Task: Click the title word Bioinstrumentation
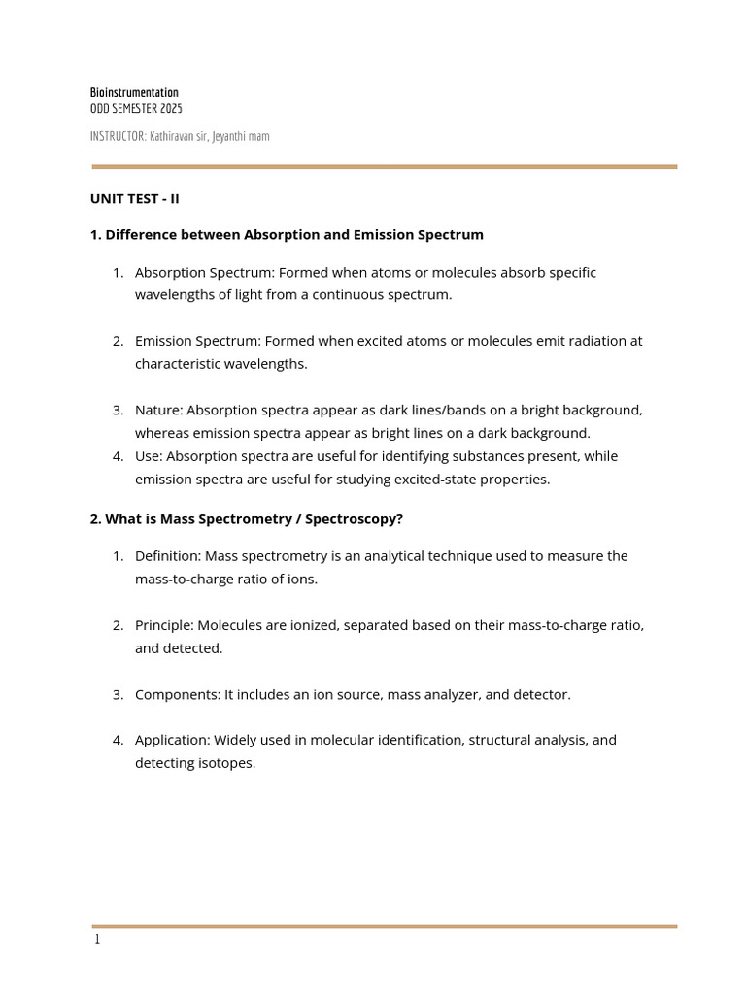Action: tap(134, 93)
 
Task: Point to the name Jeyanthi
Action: tap(229, 136)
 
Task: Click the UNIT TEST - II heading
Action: tap(135, 199)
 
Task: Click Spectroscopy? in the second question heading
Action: tap(354, 519)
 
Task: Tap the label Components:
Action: tap(178, 695)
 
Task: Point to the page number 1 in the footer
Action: tap(96, 940)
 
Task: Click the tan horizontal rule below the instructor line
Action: tap(384, 167)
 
